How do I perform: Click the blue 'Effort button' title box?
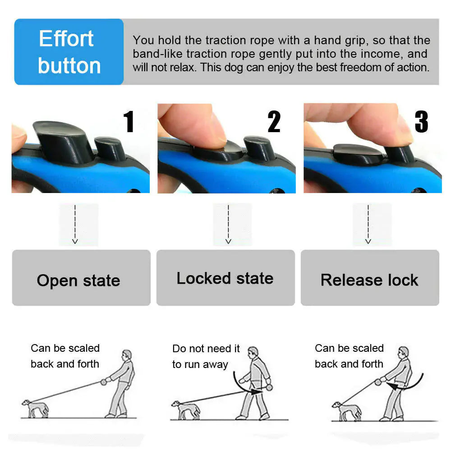pyautogui.click(x=69, y=52)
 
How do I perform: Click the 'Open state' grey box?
pyautogui.click(x=81, y=278)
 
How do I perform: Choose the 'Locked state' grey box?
pyautogui.click(x=225, y=278)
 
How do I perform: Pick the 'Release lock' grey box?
pyautogui.click(x=370, y=278)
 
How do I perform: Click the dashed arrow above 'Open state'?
pyautogui.click(x=75, y=224)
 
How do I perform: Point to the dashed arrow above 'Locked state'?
pyautogui.click(x=228, y=224)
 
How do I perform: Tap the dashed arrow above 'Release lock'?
pyautogui.click(x=368, y=224)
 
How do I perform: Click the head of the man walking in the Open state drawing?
pyautogui.click(x=128, y=354)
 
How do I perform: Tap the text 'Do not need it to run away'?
pyautogui.click(x=206, y=356)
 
